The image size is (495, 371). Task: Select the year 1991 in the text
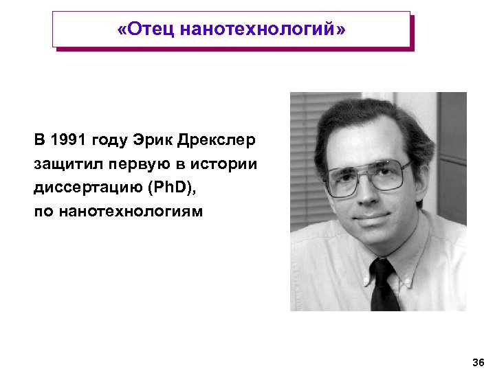tap(74, 141)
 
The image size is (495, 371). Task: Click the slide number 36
tap(478, 362)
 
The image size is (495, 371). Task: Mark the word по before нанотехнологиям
tap(44, 211)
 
